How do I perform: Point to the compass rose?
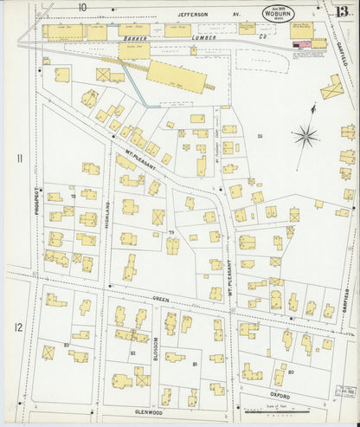[305, 134]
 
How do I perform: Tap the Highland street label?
[108, 212]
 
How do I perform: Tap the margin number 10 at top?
[82, 8]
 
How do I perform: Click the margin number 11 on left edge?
[17, 159]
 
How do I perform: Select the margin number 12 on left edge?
[17, 327]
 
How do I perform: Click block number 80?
[291, 372]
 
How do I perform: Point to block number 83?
[67, 345]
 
